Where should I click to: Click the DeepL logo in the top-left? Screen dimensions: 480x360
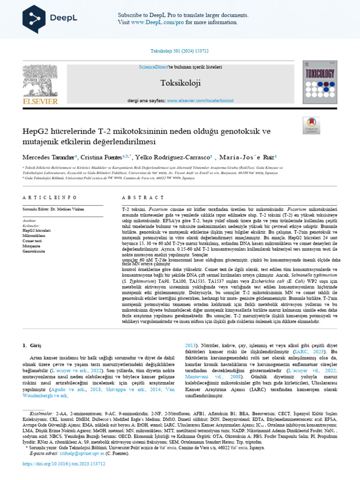45,17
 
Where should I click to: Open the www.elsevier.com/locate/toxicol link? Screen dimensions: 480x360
200,100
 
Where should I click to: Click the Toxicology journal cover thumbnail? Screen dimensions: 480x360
320,82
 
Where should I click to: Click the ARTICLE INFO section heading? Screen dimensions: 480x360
45,198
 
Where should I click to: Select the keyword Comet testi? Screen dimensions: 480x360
32,240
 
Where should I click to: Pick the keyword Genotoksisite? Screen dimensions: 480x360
34,251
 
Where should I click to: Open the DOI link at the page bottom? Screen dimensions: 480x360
64,464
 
